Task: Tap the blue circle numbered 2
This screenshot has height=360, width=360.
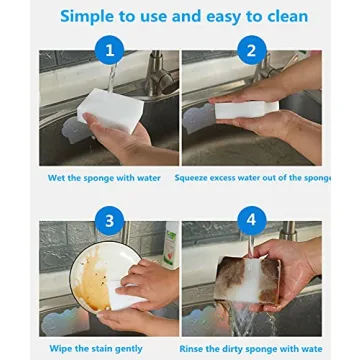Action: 251,50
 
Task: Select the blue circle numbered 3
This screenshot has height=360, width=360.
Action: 109,219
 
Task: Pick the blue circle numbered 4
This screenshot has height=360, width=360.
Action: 251,219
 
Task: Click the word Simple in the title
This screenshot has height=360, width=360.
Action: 89,16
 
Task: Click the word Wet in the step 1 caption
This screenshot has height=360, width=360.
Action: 58,178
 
